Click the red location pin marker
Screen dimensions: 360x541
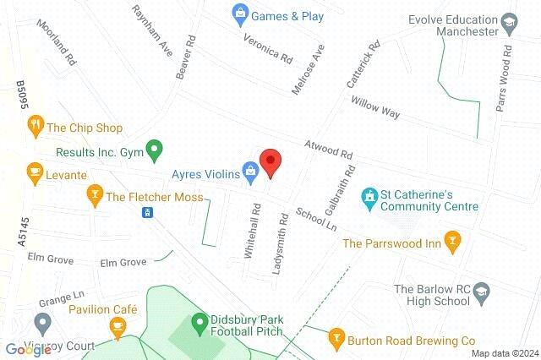coord(270,161)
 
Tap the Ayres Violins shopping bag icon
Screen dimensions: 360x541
coord(250,172)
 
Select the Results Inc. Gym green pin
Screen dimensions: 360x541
coord(153,152)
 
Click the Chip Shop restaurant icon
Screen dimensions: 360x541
coord(35,128)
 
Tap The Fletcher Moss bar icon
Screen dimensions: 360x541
coord(95,197)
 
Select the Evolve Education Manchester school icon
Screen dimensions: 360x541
coord(509,20)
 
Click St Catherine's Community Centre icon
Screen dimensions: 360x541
coord(369,198)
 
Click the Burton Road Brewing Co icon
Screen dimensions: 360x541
coord(336,339)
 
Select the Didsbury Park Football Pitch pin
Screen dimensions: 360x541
coord(199,322)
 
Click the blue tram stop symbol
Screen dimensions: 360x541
coord(147,211)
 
